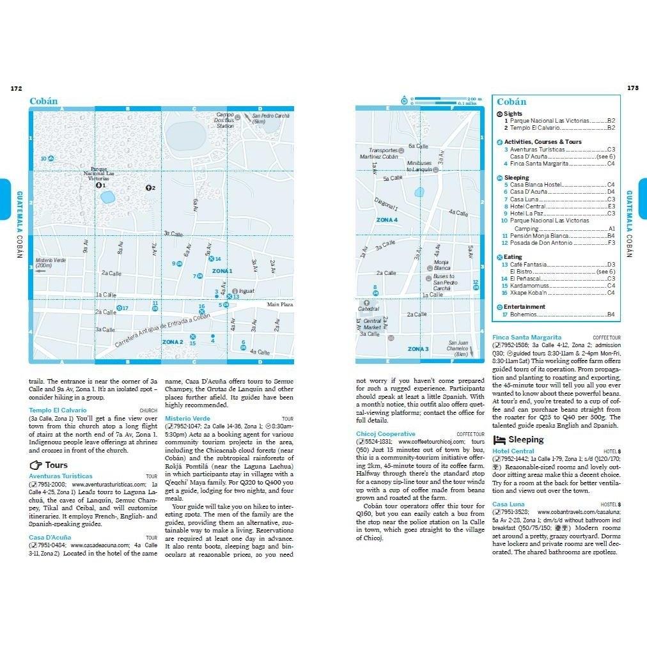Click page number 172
17,88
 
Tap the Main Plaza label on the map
279,304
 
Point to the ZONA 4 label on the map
387,220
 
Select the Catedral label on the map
368,309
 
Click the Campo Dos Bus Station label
225,120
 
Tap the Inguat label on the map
246,291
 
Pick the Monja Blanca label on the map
442,265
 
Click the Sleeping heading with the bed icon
526,440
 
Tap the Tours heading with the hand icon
56,465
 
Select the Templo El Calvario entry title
58,410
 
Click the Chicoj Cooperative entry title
386,434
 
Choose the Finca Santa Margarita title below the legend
527,337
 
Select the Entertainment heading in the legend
524,307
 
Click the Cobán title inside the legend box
511,102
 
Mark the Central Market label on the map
372,324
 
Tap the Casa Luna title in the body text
508,504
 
